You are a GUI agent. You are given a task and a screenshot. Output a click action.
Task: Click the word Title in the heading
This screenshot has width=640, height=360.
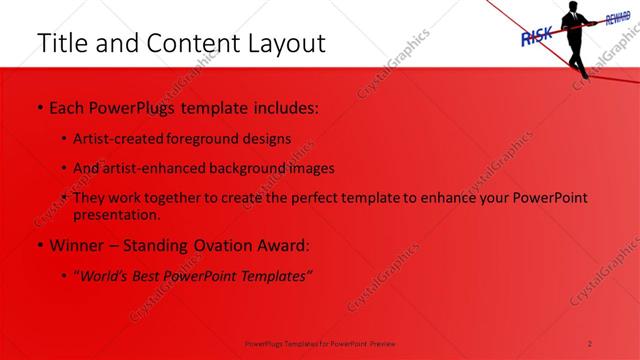pyautogui.click(x=61, y=44)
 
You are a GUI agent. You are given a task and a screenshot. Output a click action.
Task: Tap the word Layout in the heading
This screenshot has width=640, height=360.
pyautogui.click(x=281, y=44)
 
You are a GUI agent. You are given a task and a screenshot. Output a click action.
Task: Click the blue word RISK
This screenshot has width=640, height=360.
pyautogui.click(x=538, y=37)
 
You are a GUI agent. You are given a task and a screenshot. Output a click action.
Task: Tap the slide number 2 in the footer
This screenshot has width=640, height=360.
pyautogui.click(x=590, y=342)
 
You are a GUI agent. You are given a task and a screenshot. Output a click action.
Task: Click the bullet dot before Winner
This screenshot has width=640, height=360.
pyautogui.click(x=39, y=246)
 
